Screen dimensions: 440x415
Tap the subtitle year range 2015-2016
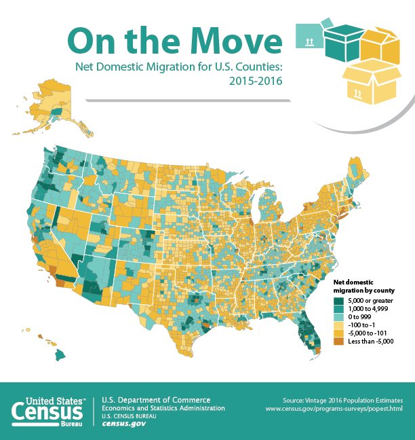(x=255, y=81)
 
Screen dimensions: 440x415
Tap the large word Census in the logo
(x=47, y=414)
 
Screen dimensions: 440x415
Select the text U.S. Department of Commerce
(x=156, y=399)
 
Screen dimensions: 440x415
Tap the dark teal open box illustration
(x=344, y=42)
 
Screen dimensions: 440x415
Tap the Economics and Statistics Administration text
(x=163, y=408)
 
